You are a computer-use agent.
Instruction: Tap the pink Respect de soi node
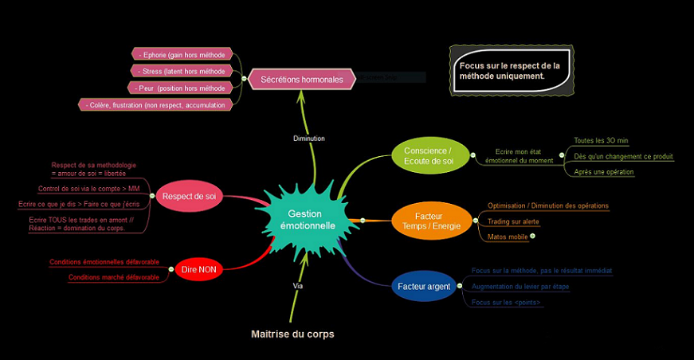pos(188,196)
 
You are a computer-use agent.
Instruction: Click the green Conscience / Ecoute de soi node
pos(428,155)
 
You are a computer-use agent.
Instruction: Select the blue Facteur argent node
pos(423,286)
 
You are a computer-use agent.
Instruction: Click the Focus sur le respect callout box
pos(511,71)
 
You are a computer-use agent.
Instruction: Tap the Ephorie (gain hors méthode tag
pos(182,54)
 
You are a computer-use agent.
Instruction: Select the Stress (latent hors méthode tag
pos(182,71)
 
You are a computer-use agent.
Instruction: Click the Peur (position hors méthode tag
pos(182,88)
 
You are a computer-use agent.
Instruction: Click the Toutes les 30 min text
pos(601,141)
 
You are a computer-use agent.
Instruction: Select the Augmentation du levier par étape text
pos(520,286)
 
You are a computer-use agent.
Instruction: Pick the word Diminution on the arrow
pos(309,138)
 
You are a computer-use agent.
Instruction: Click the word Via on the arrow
pos(298,284)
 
